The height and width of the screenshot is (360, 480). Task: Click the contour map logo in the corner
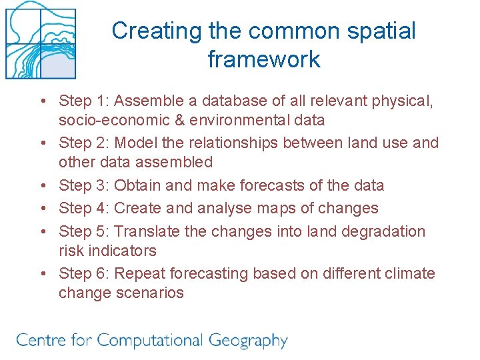click(40, 40)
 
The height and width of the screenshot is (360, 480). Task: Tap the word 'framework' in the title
click(264, 59)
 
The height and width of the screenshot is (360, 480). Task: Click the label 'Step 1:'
click(84, 101)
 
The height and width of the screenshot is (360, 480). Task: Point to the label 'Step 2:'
click(84, 143)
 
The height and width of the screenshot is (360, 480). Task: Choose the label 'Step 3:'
click(84, 185)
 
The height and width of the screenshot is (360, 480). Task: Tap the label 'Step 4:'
click(84, 208)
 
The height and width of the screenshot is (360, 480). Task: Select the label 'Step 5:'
click(84, 231)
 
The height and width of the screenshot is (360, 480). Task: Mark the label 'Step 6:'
click(84, 273)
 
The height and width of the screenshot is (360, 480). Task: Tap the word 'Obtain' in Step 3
click(138, 185)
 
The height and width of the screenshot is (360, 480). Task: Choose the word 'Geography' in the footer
click(248, 341)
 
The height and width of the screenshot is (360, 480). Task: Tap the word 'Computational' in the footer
click(150, 341)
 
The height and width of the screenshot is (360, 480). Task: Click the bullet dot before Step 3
click(43, 186)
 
